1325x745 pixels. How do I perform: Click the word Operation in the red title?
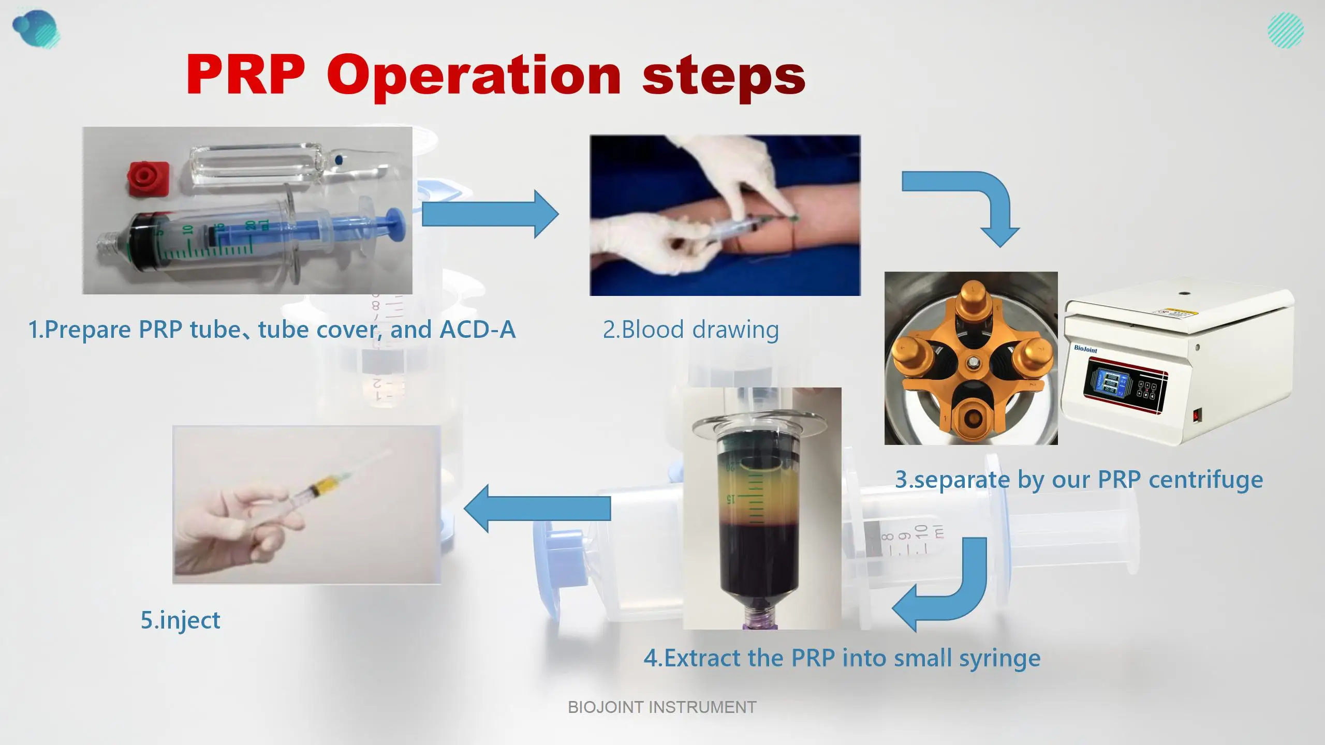474,77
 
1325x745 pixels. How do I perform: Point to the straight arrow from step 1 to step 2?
489,214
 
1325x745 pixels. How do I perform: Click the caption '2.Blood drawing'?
690,330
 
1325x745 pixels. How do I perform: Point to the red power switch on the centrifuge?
1197,415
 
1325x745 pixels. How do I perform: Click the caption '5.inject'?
180,620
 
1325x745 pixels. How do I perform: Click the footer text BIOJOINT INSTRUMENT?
662,707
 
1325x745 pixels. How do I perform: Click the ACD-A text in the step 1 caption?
477,330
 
